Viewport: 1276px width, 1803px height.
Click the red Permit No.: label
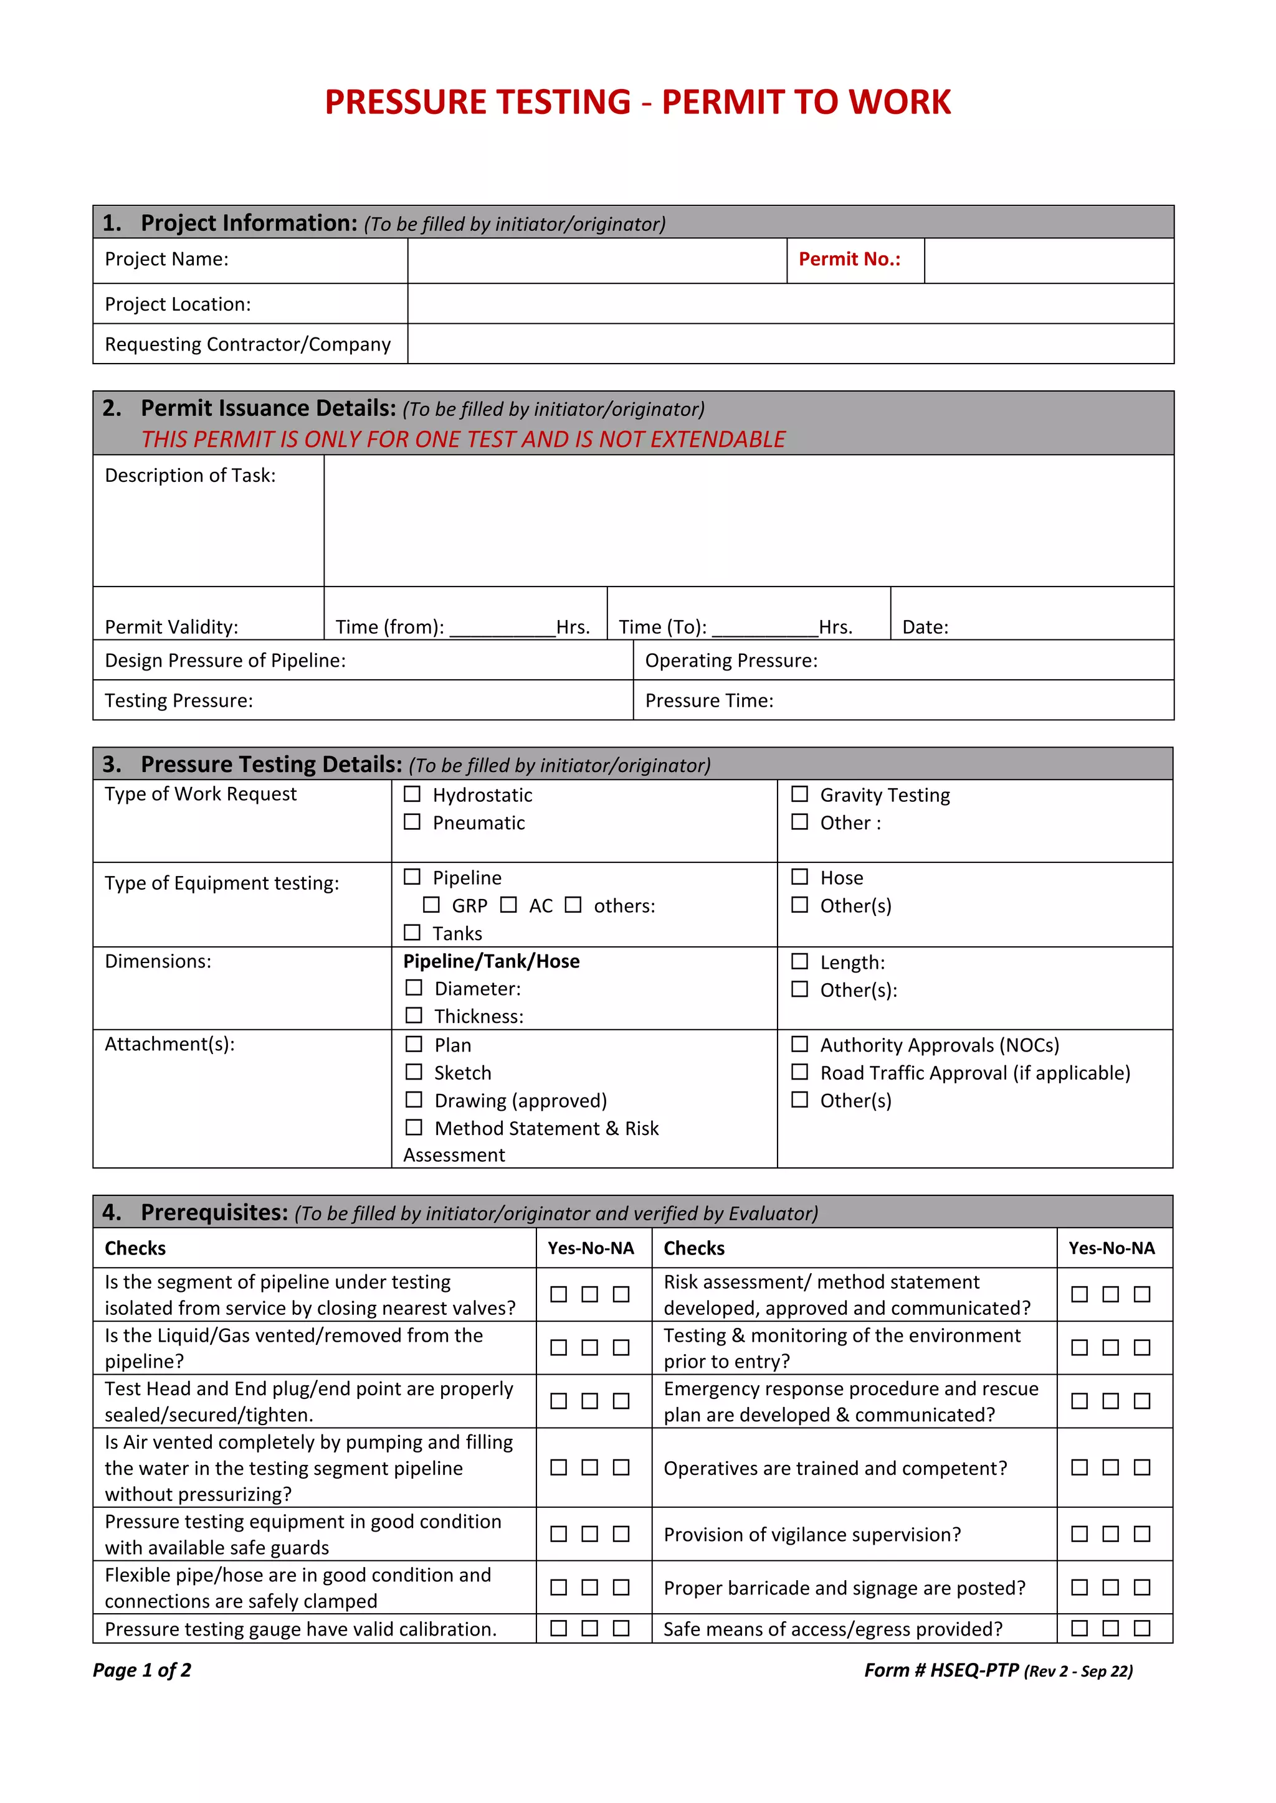coord(849,259)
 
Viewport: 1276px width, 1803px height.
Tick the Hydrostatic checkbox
coord(412,794)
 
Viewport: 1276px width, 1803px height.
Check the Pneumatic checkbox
coord(412,821)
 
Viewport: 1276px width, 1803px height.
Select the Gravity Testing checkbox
coord(799,794)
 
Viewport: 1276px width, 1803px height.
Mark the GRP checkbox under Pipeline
coord(431,905)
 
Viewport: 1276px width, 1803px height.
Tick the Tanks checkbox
coord(412,932)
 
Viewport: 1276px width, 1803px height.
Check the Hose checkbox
coord(799,877)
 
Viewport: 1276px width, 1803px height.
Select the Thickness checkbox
coord(413,1015)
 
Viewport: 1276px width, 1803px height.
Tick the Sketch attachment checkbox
coord(413,1072)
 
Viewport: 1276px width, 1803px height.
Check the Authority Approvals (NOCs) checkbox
coord(799,1043)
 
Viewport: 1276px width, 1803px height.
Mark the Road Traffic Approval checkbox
coord(799,1072)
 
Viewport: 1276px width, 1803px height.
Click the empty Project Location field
coord(789,304)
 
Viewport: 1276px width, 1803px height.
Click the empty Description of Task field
coord(748,520)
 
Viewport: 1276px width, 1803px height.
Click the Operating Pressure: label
coord(731,661)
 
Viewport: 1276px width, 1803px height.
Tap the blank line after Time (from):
coord(502,628)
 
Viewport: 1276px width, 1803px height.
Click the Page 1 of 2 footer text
coord(142,1670)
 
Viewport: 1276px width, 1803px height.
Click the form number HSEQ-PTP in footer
coord(974,1670)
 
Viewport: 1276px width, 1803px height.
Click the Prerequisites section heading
coord(214,1212)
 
